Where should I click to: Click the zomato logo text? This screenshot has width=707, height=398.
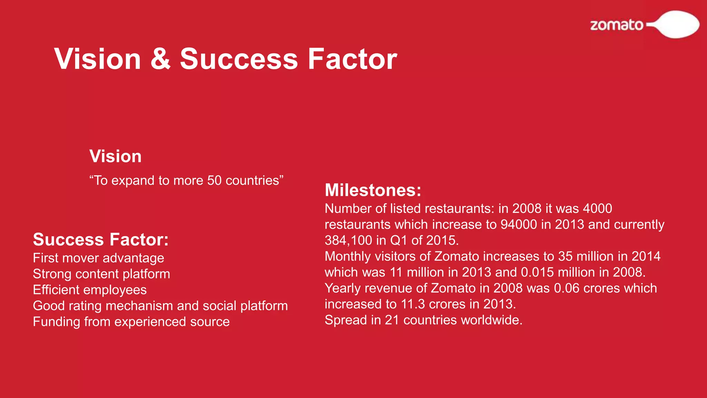pos(617,25)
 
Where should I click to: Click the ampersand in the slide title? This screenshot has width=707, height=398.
pos(161,59)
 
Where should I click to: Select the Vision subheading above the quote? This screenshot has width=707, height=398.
pos(115,156)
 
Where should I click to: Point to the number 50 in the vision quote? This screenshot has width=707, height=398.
pos(214,181)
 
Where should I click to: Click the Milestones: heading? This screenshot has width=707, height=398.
pos(373,190)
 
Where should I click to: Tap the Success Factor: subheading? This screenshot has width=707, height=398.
pos(100,239)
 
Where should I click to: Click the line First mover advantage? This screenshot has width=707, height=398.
pos(98,258)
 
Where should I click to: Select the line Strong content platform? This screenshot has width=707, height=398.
pos(101,274)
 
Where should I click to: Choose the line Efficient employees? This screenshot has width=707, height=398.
pos(89,290)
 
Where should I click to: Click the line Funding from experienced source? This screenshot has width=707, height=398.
pos(131,322)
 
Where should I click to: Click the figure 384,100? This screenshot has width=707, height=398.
pos(348,240)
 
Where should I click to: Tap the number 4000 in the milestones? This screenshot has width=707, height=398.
pos(597,209)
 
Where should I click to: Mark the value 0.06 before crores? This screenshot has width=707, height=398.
pos(566,288)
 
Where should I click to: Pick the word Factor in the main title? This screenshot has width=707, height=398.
pos(352,59)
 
